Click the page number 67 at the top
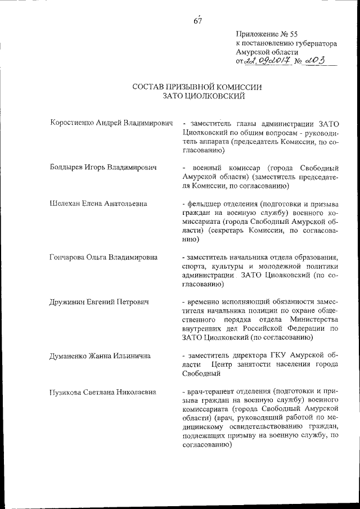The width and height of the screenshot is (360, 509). [x=197, y=21]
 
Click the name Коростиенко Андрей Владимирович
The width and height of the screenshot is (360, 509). [x=110, y=123]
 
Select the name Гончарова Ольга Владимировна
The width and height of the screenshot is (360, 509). [x=103, y=258]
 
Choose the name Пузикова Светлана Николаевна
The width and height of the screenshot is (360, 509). [x=102, y=392]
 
